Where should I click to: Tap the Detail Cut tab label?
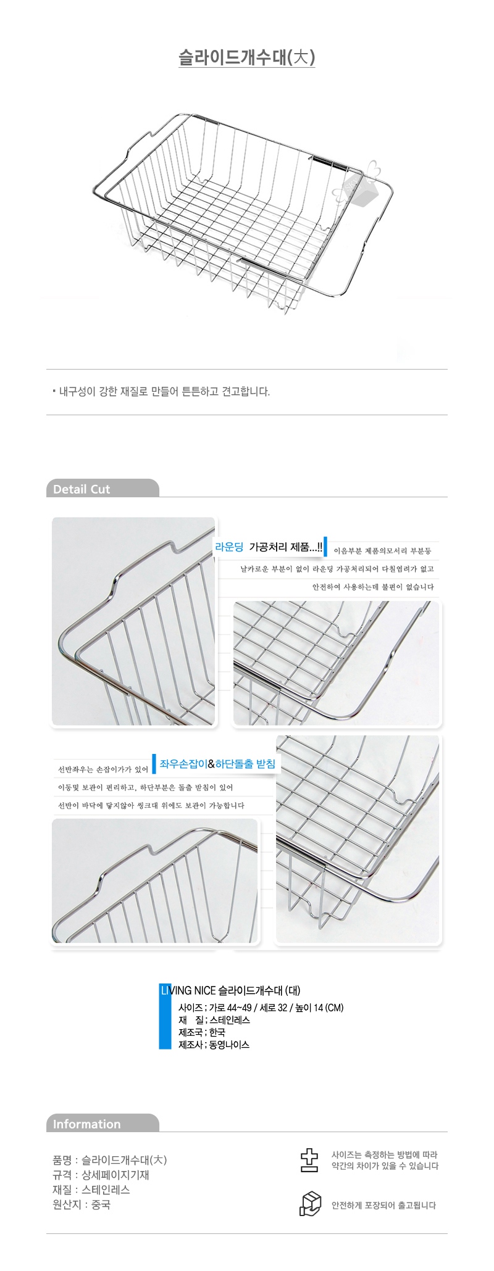(x=82, y=489)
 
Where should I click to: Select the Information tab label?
(x=86, y=1124)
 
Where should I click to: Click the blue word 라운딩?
(x=230, y=547)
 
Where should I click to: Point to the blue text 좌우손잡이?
(x=183, y=764)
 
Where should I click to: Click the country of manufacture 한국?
(x=217, y=1032)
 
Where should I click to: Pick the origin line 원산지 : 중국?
(x=82, y=1204)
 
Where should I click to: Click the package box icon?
(x=311, y=1204)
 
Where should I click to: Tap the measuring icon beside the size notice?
(x=309, y=1160)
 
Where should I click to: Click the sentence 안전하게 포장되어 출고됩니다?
(x=383, y=1205)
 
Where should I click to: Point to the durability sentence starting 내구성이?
(x=164, y=392)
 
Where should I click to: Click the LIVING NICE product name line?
(x=230, y=991)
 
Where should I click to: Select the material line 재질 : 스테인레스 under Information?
(x=91, y=1190)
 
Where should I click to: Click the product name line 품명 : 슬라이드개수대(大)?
(x=110, y=1160)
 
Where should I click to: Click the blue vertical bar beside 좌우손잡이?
(x=154, y=763)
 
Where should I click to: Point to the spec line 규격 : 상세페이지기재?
(x=101, y=1175)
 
